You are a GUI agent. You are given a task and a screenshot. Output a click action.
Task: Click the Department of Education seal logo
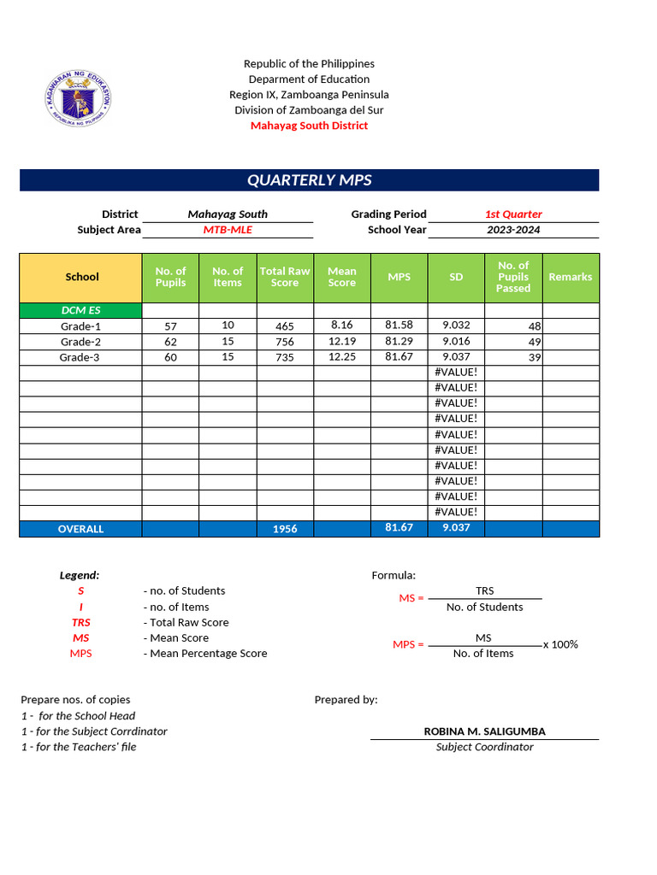[77, 95]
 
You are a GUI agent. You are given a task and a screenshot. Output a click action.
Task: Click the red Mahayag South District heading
[309, 126]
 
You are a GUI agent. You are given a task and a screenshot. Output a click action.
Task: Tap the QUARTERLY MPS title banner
[309, 180]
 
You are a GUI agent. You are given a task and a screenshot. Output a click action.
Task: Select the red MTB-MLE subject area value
[227, 230]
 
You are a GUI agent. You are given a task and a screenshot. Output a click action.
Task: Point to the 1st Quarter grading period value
[513, 214]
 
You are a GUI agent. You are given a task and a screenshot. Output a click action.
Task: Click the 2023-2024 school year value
[513, 230]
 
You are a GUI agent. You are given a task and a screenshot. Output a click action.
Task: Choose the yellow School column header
[81, 277]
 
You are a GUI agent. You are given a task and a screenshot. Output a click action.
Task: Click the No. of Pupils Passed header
[513, 277]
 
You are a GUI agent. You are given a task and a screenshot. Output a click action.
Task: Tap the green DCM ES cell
[81, 310]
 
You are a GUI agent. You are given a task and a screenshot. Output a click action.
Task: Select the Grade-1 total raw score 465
[285, 326]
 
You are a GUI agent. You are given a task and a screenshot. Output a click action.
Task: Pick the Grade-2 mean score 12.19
[342, 341]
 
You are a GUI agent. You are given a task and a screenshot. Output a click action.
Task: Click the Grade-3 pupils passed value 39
[535, 357]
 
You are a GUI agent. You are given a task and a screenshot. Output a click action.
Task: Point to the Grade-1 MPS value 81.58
[399, 326]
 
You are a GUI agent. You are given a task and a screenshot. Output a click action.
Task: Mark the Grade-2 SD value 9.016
[456, 341]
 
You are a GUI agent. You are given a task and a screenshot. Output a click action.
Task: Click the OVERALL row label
[80, 529]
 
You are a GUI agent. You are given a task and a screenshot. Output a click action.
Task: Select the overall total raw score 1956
[285, 529]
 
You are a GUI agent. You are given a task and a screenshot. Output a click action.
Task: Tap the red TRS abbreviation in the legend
[80, 623]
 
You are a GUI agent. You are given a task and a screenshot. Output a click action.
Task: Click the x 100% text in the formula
[560, 644]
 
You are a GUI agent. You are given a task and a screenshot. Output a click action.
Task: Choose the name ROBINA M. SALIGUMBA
[484, 731]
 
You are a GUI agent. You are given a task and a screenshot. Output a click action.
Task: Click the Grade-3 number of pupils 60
[170, 357]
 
